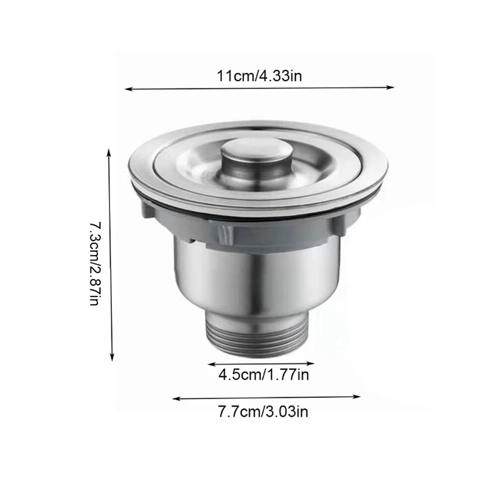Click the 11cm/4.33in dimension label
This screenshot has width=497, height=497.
[259, 76]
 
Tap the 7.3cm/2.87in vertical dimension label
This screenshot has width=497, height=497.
[95, 264]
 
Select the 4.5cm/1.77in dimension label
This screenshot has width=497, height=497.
[263, 375]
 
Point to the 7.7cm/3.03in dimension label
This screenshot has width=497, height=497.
[263, 412]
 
